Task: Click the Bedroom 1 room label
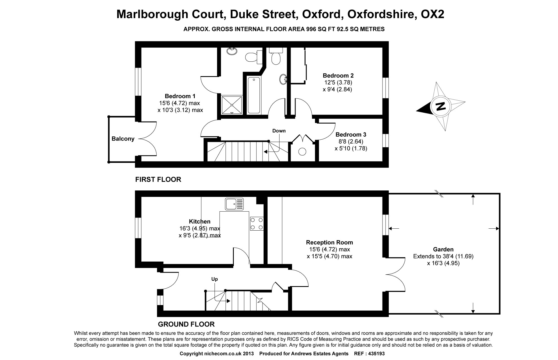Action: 180,96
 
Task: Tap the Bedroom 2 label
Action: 338,75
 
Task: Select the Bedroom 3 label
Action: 351,134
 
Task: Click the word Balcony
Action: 123,139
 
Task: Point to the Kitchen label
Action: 199,221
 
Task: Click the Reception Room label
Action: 329,242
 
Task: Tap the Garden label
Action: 443,249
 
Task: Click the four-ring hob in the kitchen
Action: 257,224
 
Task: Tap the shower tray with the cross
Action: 232,105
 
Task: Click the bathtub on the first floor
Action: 254,95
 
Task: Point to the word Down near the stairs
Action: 279,131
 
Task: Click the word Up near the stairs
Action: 214,279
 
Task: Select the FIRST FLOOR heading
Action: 158,179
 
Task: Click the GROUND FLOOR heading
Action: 186,324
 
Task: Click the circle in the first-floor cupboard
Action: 302,152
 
